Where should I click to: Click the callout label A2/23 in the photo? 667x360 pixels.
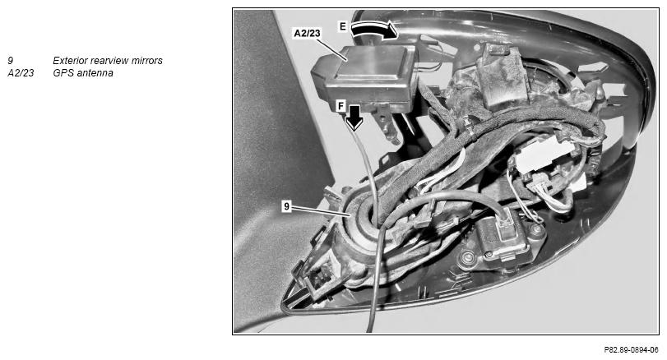pyautogui.click(x=307, y=33)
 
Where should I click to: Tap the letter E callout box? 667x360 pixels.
pyautogui.click(x=343, y=26)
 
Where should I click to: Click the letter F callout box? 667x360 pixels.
pyautogui.click(x=340, y=105)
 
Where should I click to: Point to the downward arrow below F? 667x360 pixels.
pyautogui.click(x=354, y=118)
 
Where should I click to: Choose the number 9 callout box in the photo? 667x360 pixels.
pyautogui.click(x=287, y=206)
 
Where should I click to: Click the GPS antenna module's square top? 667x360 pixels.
pyautogui.click(x=368, y=65)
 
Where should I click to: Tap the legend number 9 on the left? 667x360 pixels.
pyautogui.click(x=10, y=61)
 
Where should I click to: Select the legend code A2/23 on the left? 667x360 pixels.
pyautogui.click(x=21, y=73)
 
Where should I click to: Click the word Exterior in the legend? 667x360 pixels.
pyautogui.click(x=68, y=61)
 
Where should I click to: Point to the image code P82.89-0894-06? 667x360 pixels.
pyautogui.click(x=631, y=350)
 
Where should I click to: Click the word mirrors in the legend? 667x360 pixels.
pyautogui.click(x=147, y=61)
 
